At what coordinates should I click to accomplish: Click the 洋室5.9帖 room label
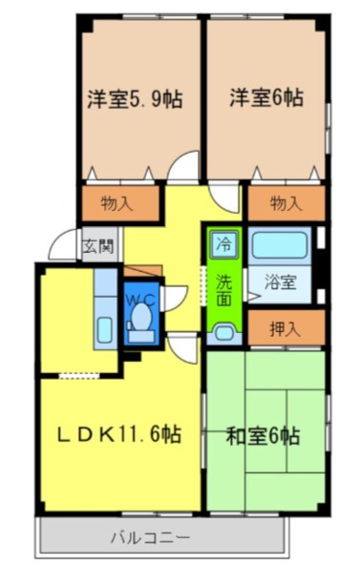(x=137, y=97)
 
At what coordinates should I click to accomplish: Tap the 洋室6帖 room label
(x=265, y=97)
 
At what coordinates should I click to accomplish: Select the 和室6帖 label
(x=264, y=436)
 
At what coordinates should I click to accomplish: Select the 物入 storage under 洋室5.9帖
(x=116, y=202)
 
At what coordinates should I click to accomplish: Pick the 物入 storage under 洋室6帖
(x=285, y=202)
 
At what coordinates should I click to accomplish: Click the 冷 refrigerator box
(x=222, y=242)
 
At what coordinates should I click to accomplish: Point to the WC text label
(x=142, y=297)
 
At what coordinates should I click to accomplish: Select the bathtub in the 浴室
(x=280, y=245)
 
